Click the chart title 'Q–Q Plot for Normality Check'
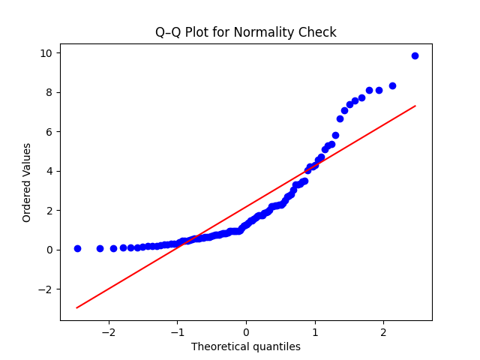pyautogui.click(x=245, y=32)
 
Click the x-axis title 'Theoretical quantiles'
pyautogui.click(x=245, y=346)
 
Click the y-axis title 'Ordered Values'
pyautogui.click(x=27, y=182)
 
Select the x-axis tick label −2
pyautogui.click(x=109, y=332)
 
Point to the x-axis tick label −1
pyautogui.click(x=177, y=332)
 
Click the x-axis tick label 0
pyautogui.click(x=246, y=332)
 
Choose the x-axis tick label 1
pyautogui.click(x=315, y=332)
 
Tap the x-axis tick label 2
pyautogui.click(x=383, y=332)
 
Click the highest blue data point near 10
pyautogui.click(x=415, y=55)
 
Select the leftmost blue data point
pyautogui.click(x=77, y=248)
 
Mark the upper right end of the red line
pyautogui.click(x=415, y=106)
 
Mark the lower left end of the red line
pyautogui.click(x=77, y=307)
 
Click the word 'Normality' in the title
pyautogui.click(x=274, y=32)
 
